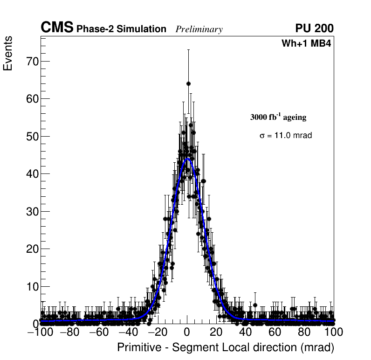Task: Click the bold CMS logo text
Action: (57, 28)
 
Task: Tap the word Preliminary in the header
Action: (199, 29)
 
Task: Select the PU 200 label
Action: (315, 28)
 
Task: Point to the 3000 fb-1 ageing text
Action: (278, 117)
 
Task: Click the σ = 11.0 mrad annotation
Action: (285, 136)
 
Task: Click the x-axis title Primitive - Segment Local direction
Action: (226, 348)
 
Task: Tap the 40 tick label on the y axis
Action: (31, 174)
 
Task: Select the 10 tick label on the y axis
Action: (31, 286)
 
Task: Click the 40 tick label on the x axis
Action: (246, 332)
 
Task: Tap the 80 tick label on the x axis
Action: (304, 332)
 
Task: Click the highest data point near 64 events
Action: (189, 83)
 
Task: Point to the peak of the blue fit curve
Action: (188, 159)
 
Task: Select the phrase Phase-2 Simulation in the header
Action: (121, 29)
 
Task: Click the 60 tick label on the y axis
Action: (31, 99)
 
